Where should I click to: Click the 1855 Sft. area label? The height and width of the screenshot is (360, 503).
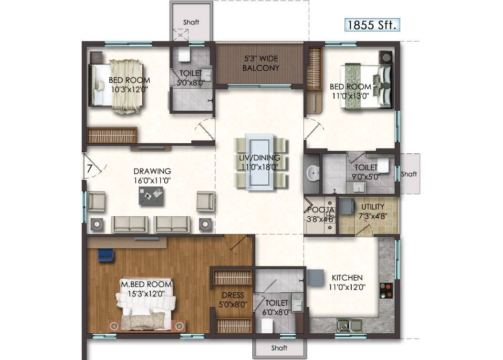372,25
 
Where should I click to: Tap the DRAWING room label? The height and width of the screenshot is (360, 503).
152,171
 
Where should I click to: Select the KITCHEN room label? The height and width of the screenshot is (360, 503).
347,278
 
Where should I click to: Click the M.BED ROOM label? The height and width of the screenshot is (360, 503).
147,284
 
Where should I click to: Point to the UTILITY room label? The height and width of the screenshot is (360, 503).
373,207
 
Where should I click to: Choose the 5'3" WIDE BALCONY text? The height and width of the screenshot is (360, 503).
261,63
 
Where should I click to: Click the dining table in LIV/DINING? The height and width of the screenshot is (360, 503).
260,162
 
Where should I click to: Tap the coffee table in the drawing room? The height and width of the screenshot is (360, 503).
151,196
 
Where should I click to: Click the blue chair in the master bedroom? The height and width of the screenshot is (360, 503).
106,255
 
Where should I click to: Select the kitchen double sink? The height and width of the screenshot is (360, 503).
350,325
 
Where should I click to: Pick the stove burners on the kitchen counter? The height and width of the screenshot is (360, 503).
386,290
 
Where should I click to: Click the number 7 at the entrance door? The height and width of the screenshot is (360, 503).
90,168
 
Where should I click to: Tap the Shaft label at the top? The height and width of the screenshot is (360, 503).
191,22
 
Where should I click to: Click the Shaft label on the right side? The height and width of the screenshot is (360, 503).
409,174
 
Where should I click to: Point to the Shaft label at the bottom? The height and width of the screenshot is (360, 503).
279,348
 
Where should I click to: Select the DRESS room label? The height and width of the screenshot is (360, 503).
233,295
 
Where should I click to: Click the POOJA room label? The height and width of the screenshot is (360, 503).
321,210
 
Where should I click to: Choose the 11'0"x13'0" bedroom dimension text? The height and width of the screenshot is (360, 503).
350,95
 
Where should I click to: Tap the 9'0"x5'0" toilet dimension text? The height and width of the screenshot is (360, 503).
366,177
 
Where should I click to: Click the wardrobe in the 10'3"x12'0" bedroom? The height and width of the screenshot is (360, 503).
112,135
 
